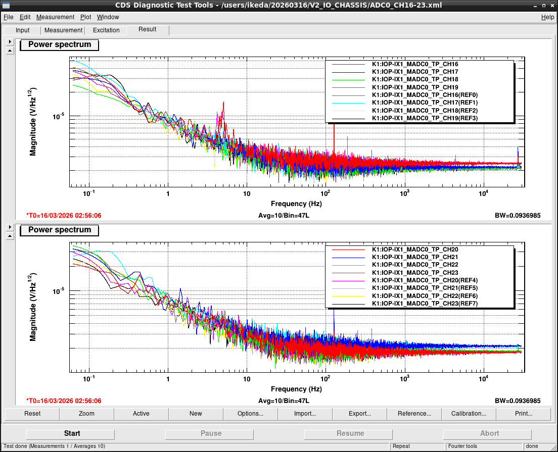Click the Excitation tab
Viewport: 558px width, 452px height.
tap(106, 30)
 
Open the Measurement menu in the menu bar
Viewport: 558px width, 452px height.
tap(55, 17)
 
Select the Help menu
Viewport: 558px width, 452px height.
tap(547, 17)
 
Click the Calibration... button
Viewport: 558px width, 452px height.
tap(469, 414)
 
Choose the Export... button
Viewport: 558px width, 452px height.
tap(360, 414)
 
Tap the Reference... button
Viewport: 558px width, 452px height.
tap(414, 414)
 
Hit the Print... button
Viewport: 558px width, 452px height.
tap(524, 414)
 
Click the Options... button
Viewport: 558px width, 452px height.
tap(251, 414)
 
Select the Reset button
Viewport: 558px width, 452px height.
tap(32, 414)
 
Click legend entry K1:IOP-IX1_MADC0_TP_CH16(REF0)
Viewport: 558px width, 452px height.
tap(425, 95)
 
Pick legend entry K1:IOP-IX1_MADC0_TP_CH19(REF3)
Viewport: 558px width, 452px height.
tap(425, 118)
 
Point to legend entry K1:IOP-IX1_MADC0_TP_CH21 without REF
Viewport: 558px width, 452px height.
tap(415, 257)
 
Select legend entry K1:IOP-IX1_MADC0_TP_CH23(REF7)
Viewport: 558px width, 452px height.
tap(425, 304)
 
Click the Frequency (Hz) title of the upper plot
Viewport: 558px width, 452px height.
tap(296, 204)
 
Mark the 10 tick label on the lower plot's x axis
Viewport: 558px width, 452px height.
tap(247, 379)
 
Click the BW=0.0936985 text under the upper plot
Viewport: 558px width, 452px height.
tap(518, 216)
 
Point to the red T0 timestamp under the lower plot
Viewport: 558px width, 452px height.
tap(64, 401)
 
